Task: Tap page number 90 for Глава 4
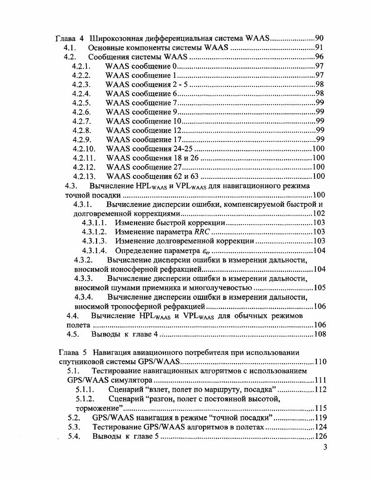(320, 38)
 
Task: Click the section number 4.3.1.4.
(95, 251)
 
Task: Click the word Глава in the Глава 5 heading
(68, 352)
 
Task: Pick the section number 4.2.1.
(82, 66)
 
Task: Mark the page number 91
(320, 48)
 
